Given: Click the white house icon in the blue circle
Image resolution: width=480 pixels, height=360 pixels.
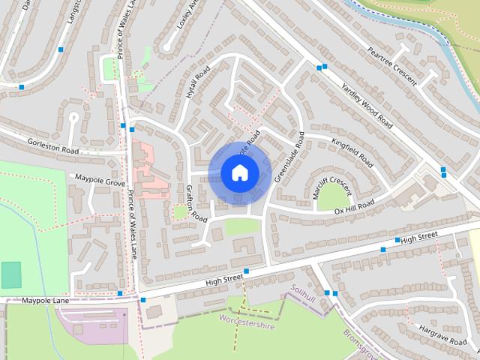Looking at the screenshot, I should tap(238, 173).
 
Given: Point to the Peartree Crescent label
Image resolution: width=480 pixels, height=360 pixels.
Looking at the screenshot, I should tap(391, 67).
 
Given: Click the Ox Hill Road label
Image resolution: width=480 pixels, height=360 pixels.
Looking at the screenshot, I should tap(354, 207).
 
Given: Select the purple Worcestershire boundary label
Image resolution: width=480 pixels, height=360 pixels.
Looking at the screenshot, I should tap(247, 321).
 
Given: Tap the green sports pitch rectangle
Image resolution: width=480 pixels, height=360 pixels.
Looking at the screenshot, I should tap(11, 274).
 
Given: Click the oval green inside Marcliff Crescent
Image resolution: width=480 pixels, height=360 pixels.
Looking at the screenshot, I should tap(331, 196).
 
